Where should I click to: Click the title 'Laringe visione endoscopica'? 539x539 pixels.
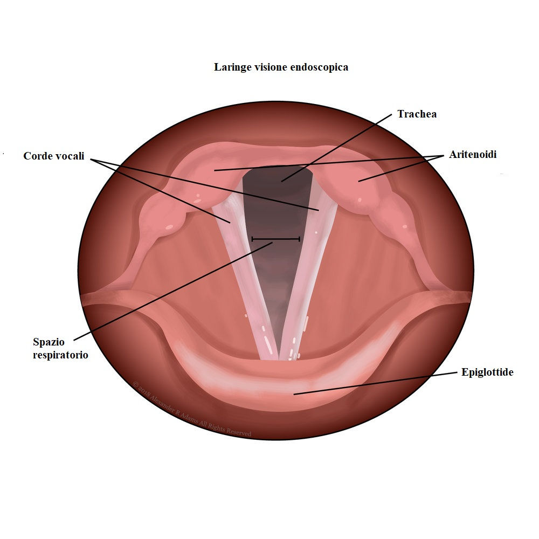281,67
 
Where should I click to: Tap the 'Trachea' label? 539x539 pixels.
417,114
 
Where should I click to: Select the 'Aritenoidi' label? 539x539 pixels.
473,154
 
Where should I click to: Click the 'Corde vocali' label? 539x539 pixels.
53,156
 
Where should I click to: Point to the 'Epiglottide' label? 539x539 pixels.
487,372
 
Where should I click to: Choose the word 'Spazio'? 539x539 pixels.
49,342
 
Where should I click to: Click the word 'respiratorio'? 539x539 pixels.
60,355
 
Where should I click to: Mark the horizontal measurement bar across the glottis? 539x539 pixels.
275,239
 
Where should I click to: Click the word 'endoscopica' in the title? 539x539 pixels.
319,67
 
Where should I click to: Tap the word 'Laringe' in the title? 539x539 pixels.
232,67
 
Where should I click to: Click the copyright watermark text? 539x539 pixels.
192,410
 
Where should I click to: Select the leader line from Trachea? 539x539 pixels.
336,148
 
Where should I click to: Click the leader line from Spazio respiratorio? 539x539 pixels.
173,291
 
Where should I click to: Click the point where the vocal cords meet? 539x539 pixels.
279,358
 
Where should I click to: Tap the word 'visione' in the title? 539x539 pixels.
270,67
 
